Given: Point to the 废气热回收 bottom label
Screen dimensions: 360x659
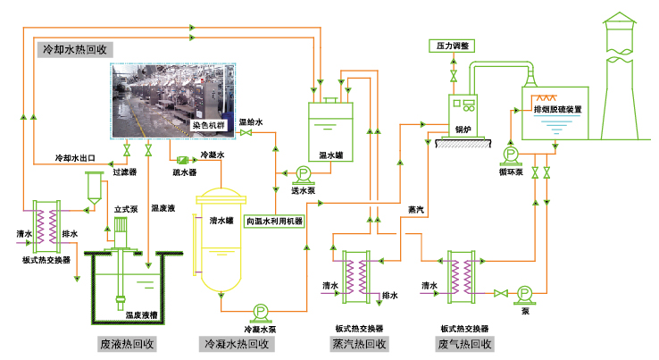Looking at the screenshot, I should (x=464, y=344).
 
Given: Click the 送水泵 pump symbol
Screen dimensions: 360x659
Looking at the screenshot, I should (x=302, y=174).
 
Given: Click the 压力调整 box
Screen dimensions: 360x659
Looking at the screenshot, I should (x=453, y=45).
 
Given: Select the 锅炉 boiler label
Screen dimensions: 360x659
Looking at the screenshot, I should (x=463, y=127).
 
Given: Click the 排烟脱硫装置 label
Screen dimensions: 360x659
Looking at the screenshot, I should (x=557, y=109).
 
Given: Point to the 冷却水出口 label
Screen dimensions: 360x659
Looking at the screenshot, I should (x=76, y=158).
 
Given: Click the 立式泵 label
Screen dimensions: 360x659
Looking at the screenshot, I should (x=126, y=210).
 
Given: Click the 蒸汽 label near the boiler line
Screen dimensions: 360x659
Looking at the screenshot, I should (x=416, y=211).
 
